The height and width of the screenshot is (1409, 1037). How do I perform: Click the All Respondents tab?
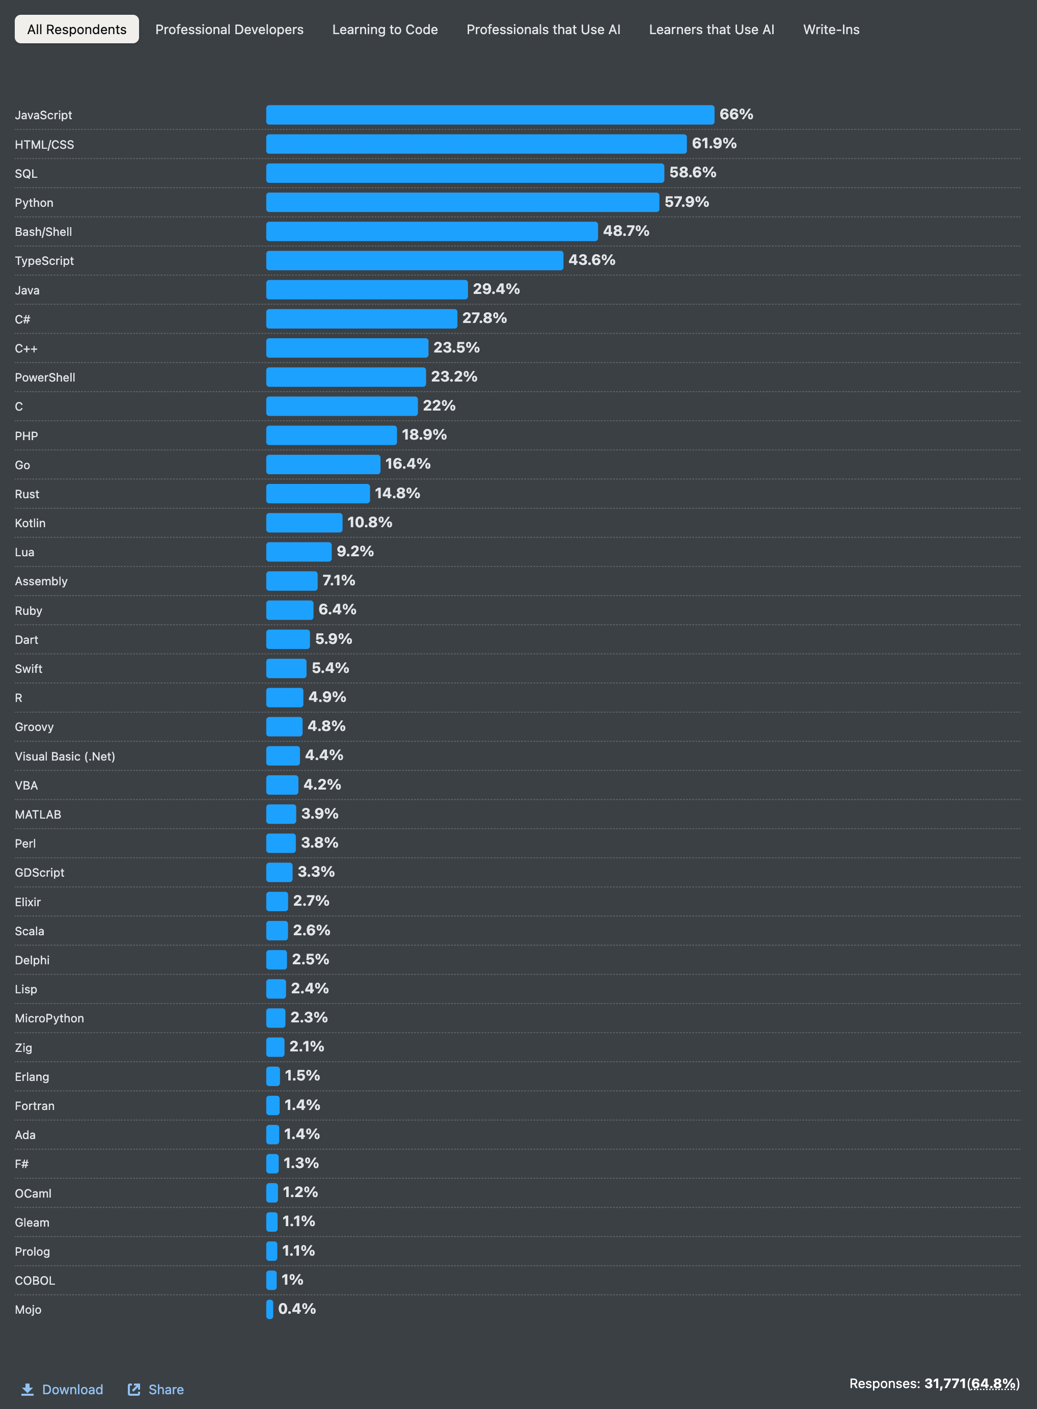(76, 30)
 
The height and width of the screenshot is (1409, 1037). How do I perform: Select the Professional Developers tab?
(229, 30)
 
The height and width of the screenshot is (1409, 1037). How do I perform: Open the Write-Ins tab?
(831, 30)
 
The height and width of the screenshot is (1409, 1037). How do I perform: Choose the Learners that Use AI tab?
(711, 30)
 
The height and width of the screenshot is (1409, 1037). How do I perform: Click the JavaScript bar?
(489, 115)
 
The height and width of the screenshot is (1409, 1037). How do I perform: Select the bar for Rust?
(318, 494)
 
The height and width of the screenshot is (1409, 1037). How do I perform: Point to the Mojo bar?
(270, 1309)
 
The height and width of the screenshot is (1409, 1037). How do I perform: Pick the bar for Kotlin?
(304, 523)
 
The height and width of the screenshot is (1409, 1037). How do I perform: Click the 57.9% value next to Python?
(687, 202)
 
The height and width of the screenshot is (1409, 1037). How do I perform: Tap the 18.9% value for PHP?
(424, 435)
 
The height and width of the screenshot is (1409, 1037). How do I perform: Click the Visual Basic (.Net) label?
(65, 756)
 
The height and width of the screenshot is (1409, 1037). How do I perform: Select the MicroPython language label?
(49, 1018)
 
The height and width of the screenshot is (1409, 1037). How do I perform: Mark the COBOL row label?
(35, 1280)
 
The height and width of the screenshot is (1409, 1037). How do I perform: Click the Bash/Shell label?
(43, 232)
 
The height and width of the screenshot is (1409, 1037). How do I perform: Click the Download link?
(72, 1390)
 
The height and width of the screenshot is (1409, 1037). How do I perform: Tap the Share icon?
(134, 1390)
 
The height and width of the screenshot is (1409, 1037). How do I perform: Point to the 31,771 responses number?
(945, 1383)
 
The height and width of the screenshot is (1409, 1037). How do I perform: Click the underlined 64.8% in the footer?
(994, 1383)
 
